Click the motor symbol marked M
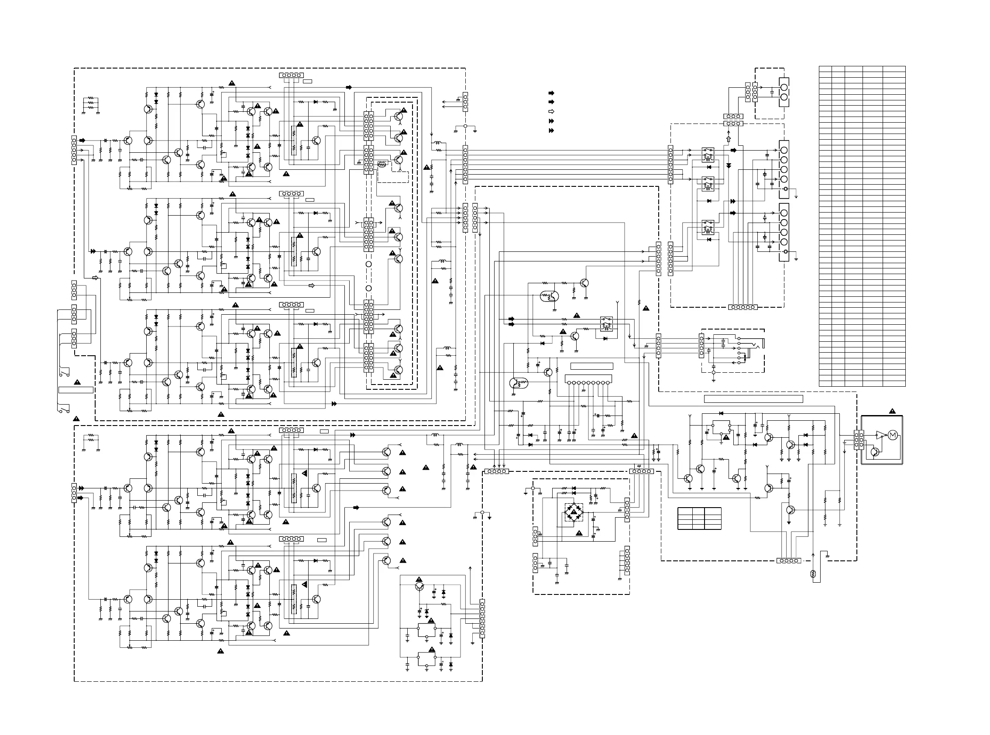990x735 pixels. click(x=893, y=435)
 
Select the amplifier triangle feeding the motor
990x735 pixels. click(x=880, y=435)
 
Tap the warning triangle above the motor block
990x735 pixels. click(x=892, y=411)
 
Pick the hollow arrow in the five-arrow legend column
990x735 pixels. click(x=551, y=111)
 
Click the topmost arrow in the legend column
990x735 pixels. click(x=551, y=93)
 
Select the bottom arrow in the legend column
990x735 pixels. click(x=551, y=131)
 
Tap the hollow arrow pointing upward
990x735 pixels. click(x=729, y=140)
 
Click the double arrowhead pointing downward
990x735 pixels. click(x=729, y=165)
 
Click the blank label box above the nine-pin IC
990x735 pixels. click(x=591, y=366)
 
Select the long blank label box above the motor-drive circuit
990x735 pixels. click(x=753, y=398)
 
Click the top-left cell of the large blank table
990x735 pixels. click(x=825, y=69)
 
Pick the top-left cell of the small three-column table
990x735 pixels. click(x=684, y=510)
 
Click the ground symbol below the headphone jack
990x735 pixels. click(x=713, y=380)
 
